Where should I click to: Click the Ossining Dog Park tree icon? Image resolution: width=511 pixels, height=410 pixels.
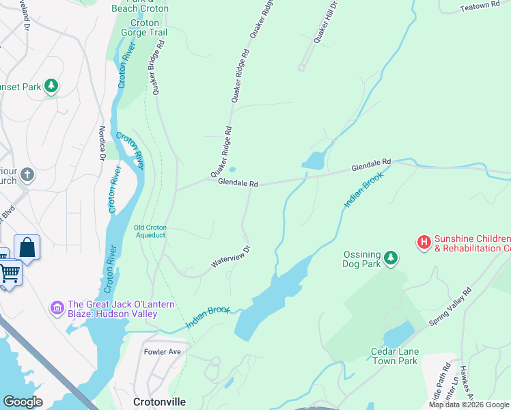390,258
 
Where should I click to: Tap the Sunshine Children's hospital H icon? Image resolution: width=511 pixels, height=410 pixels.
424,241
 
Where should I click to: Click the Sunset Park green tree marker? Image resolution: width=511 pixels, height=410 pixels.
51,86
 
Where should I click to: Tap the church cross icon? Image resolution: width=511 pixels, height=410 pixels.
27,175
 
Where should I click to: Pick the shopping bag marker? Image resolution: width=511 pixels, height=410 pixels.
27,247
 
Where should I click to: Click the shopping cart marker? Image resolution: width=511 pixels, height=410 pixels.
10,273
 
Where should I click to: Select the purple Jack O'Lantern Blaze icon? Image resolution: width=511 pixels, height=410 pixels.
57,308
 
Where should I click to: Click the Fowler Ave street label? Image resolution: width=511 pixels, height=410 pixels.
162,352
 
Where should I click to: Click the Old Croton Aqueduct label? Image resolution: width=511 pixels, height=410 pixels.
150,231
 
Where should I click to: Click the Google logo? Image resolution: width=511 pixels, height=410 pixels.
23,402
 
